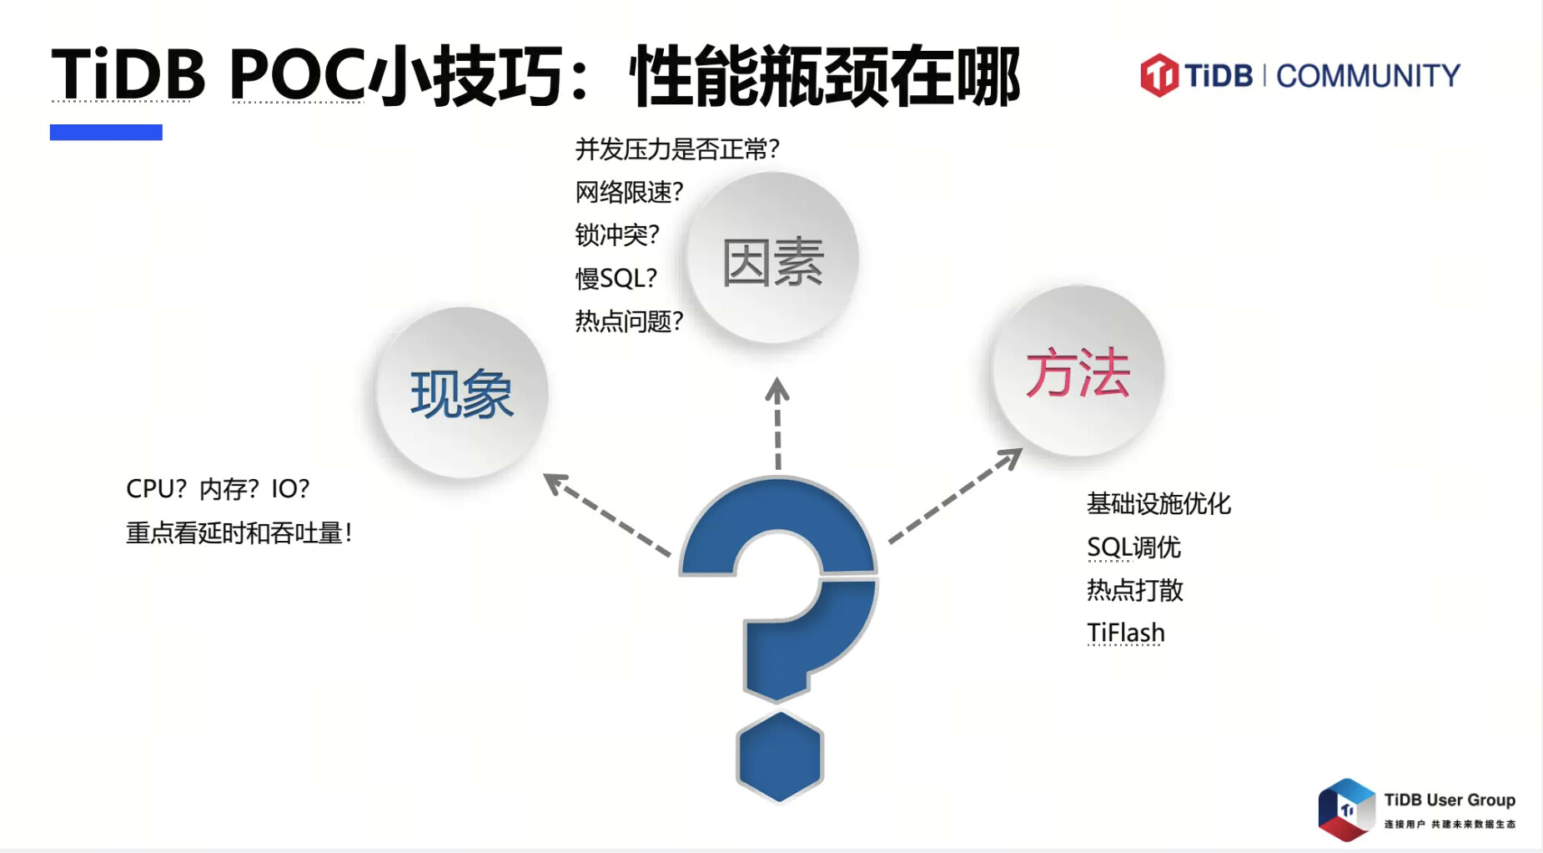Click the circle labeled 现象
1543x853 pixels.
[x=462, y=392]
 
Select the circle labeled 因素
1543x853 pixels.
[x=772, y=258]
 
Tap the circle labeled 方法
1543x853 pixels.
[x=1078, y=371]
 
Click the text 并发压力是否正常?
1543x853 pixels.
[x=677, y=149]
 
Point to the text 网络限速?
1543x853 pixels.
[x=629, y=192]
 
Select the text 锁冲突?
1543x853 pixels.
[x=617, y=235]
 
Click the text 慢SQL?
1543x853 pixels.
[x=616, y=278]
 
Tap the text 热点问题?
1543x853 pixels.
[x=629, y=321]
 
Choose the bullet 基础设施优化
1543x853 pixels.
[x=1159, y=503]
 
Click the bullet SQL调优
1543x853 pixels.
[x=1133, y=547]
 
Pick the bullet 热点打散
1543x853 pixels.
[x=1134, y=590]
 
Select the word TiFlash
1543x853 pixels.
[x=1125, y=633]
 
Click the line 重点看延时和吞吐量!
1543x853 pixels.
[x=239, y=532]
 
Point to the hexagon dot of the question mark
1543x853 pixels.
[x=780, y=756]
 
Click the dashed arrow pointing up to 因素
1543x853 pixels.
[x=777, y=423]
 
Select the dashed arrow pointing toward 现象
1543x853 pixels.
[x=606, y=514]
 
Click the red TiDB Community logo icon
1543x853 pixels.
[x=1159, y=75]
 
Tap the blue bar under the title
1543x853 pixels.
[x=106, y=132]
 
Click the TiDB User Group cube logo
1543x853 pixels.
[x=1346, y=809]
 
